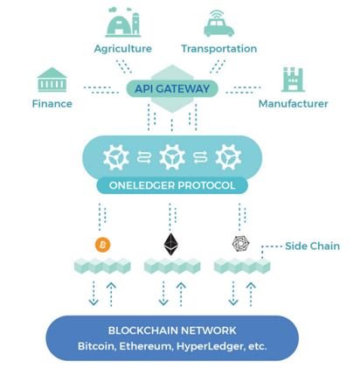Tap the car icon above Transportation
point(218,24)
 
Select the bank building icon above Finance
point(52,80)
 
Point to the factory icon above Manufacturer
point(293,80)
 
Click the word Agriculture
point(123,49)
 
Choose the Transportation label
point(219,49)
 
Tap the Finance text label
point(52,104)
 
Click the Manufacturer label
point(294,104)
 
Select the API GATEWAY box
point(172,88)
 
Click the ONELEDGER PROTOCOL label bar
point(172,185)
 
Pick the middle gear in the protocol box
point(172,156)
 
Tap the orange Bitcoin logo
point(103,245)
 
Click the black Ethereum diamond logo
point(171,244)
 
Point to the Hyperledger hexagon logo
point(241,244)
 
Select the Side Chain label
point(312,246)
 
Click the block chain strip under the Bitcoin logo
point(102,266)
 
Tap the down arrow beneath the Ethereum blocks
point(163,294)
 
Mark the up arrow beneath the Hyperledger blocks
point(251,294)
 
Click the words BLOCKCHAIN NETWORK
point(172,330)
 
